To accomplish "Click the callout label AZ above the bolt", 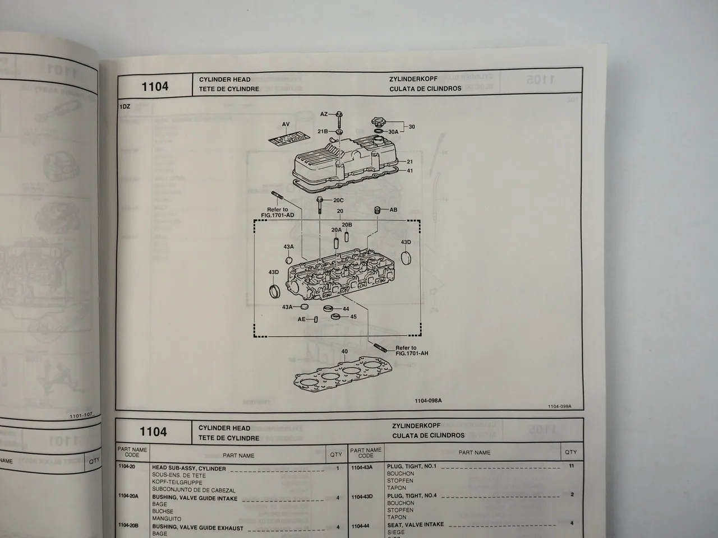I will click(324, 114).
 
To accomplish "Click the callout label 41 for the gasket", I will click(410, 170).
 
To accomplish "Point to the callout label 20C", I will click(338, 200).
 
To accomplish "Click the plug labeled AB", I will click(378, 210).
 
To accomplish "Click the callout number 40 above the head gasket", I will click(344, 351).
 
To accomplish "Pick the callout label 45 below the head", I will click(353, 317).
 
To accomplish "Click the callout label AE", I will click(302, 319).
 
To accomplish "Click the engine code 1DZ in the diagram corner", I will click(125, 106).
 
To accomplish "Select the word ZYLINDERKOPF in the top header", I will click(413, 79).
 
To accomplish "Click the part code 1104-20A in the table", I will click(128, 497).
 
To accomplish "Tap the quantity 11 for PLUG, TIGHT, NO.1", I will click(571, 466).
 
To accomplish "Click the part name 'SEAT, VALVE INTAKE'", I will click(415, 525).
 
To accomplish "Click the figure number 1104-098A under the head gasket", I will click(428, 401).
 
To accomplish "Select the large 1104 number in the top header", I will click(155, 86).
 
